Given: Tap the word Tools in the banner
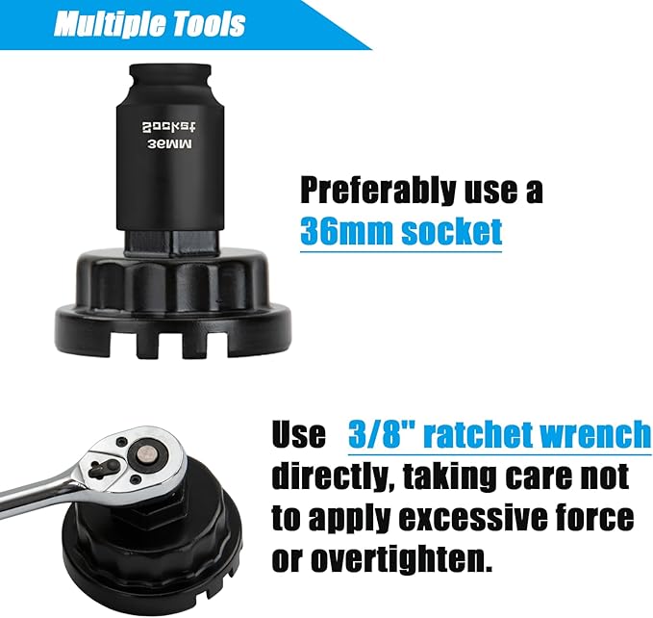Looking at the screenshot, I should click(x=211, y=23).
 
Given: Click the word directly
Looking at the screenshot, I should click(x=331, y=476).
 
